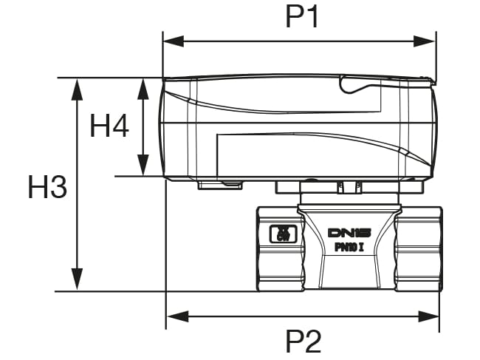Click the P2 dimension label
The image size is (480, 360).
(x=304, y=342)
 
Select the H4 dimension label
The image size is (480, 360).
(x=109, y=127)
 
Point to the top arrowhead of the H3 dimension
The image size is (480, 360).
(x=75, y=84)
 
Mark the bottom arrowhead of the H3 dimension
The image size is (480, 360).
(x=75, y=284)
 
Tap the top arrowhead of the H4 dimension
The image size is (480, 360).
(x=143, y=84)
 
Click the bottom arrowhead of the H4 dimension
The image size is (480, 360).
(x=143, y=169)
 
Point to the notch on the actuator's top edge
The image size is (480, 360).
(x=354, y=87)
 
